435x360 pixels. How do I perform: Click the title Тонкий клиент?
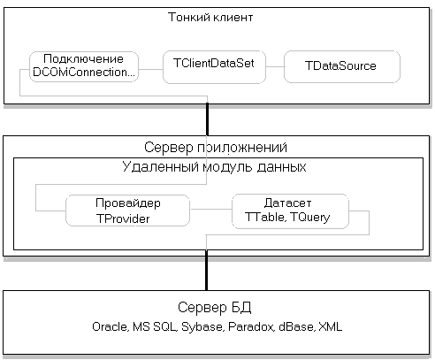pyautogui.click(x=210, y=18)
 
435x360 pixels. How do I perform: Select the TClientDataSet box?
pyautogui.click(x=214, y=67)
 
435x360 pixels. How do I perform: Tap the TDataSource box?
pyautogui.click(x=342, y=66)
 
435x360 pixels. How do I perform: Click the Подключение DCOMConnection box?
pyautogui.click(x=84, y=66)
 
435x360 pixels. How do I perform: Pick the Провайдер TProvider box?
pyautogui.click(x=127, y=211)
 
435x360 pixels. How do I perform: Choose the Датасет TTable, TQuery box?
pyautogui.click(x=290, y=211)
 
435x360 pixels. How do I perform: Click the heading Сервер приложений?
pyautogui.click(x=216, y=147)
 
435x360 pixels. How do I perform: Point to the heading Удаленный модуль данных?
pyautogui.click(x=214, y=167)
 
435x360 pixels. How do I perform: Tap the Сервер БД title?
pyautogui.click(x=214, y=307)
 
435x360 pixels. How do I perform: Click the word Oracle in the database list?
pyautogui.click(x=110, y=326)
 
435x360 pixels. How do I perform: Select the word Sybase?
pyautogui.click(x=202, y=327)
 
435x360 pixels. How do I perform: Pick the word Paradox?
pyautogui.click(x=251, y=326)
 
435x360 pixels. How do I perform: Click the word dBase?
pyautogui.click(x=296, y=326)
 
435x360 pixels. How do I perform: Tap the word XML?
pyautogui.click(x=331, y=326)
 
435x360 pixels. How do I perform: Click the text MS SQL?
pyautogui.click(x=155, y=326)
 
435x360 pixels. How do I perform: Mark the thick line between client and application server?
pyautogui.click(x=207, y=119)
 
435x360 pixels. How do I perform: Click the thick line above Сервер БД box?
pyautogui.click(x=206, y=271)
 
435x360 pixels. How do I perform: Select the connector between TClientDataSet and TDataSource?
pyautogui.click(x=275, y=66)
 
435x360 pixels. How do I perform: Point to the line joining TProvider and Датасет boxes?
pyautogui.click(x=211, y=209)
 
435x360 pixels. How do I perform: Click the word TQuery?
pyautogui.click(x=310, y=218)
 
